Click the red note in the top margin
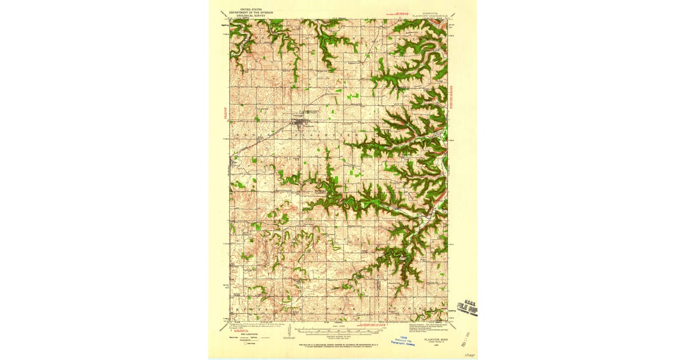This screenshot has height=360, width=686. tap(396, 13)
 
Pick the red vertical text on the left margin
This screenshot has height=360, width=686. tap(225, 113)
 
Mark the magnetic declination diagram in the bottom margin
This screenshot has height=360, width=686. tap(290, 331)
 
